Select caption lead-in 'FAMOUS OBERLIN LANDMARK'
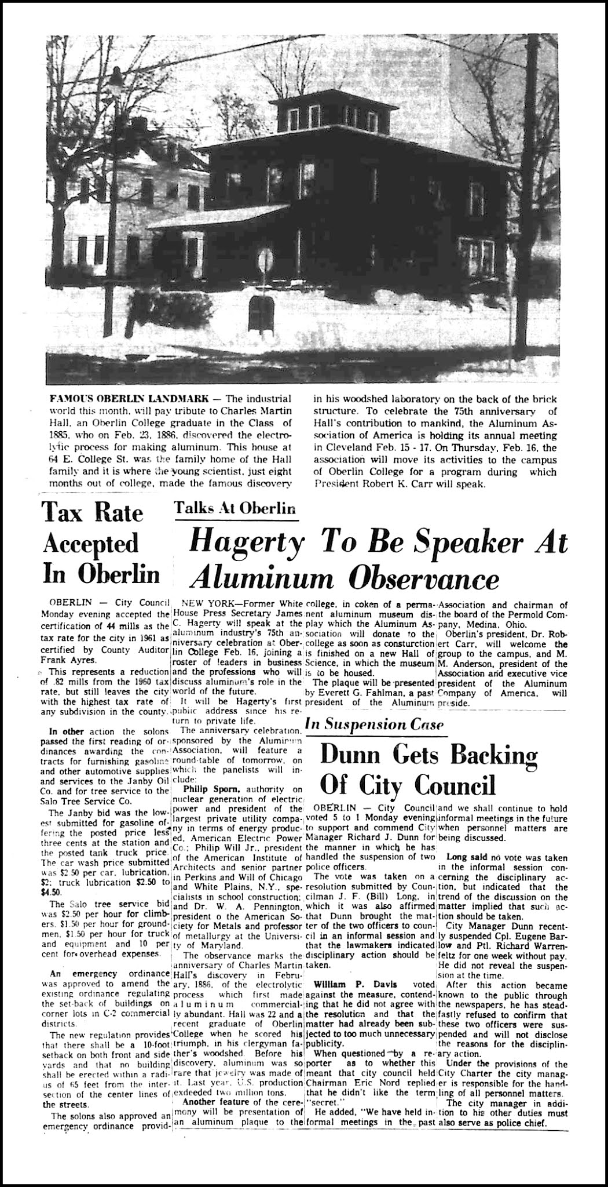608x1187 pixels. (x=115, y=400)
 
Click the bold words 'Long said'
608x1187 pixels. (x=463, y=857)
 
